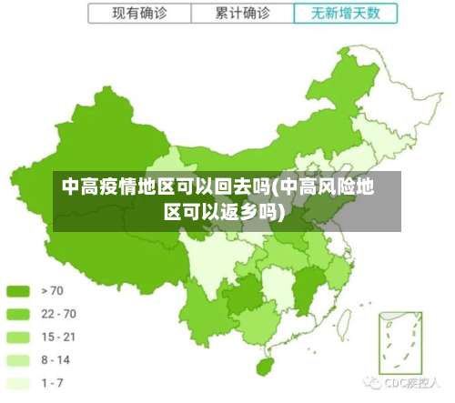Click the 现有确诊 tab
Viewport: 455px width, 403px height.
click(x=139, y=14)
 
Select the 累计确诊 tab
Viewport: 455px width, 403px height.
click(x=243, y=14)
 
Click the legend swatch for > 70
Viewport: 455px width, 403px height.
click(x=19, y=291)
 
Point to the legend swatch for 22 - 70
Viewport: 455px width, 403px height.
click(x=19, y=314)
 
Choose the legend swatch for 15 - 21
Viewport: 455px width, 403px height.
click(x=19, y=337)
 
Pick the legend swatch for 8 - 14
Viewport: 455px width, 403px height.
click(x=19, y=359)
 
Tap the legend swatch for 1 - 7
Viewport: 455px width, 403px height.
click(x=19, y=382)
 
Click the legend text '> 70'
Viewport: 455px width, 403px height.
click(x=53, y=291)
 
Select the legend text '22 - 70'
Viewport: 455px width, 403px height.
click(x=58, y=314)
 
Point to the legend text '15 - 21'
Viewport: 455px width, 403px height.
click(x=58, y=337)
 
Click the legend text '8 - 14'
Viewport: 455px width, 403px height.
click(x=56, y=359)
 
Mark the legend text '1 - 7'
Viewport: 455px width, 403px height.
click(x=53, y=382)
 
